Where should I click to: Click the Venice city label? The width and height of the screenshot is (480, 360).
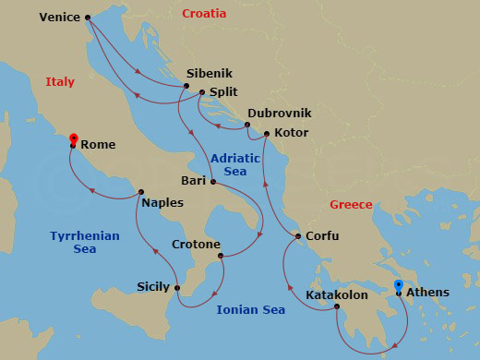pos(60,17)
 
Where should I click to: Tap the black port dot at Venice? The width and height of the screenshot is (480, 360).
pos(88,18)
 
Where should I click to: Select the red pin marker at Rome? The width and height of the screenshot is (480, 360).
pos(73,139)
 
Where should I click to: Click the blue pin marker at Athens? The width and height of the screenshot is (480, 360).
pos(398,287)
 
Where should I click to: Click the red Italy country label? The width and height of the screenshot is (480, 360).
pos(60,82)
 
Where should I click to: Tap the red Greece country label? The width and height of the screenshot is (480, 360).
pos(351,205)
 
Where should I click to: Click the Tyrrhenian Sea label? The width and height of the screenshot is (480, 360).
pos(85,242)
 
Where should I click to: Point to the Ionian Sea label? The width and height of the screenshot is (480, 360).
pos(250,310)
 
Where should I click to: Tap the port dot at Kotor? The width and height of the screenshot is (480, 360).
pos(267,135)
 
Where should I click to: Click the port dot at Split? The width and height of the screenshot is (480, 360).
pos(202,91)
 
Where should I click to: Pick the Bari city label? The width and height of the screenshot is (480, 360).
pos(194,180)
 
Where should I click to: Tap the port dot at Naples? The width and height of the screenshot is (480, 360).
pos(140,193)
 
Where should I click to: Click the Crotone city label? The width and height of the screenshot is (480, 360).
pos(196,245)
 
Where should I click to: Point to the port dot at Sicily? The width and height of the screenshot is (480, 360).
pos(178,289)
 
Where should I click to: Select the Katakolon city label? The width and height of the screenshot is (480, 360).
pos(338,295)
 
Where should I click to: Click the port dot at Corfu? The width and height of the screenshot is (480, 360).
pos(298,237)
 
